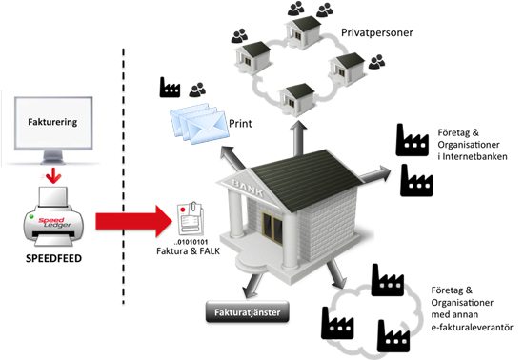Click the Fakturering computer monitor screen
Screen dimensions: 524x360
pyautogui.click(x=53, y=123)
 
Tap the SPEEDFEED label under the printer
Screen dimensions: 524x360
pyautogui.click(x=53, y=258)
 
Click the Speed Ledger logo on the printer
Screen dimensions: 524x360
pyautogui.click(x=55, y=223)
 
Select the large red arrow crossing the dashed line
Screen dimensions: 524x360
pyautogui.click(x=133, y=221)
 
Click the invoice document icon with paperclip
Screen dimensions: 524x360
pyautogui.click(x=190, y=219)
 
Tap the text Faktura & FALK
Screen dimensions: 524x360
pyautogui.click(x=188, y=250)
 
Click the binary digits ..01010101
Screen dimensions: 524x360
pyautogui.click(x=191, y=242)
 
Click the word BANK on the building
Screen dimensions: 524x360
pyautogui.click(x=248, y=188)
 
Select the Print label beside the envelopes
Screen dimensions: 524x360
pyautogui.click(x=240, y=124)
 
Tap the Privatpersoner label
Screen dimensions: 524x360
pyautogui.click(x=377, y=32)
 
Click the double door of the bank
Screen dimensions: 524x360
pyautogui.click(x=272, y=228)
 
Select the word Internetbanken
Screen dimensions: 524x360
pyautogui.click(x=474, y=156)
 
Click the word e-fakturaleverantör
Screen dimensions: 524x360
pyautogui.click(x=472, y=327)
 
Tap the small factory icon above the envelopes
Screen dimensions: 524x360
pyautogui.click(x=170, y=88)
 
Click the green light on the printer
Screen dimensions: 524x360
pyautogui.click(x=31, y=216)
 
